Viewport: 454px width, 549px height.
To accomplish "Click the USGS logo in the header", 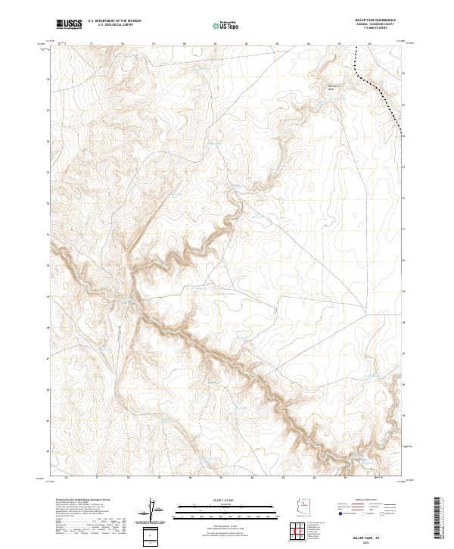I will [68, 24].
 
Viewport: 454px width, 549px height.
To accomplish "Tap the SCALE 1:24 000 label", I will [217, 499].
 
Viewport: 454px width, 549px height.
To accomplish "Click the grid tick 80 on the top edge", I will [185, 43].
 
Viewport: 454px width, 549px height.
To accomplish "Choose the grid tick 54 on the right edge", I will [403, 136].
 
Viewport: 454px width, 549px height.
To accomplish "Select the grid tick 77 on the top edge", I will [92, 43].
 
